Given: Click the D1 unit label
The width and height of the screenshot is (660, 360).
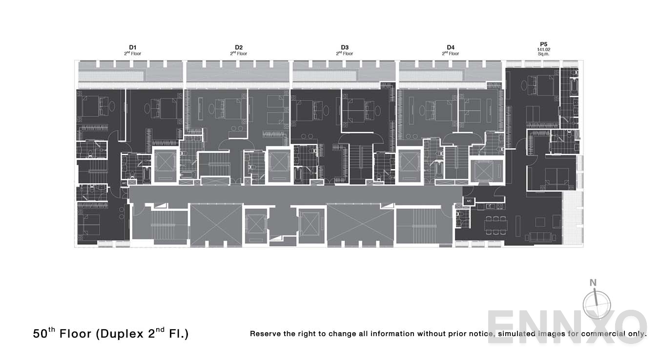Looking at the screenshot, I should pyautogui.click(x=133, y=47).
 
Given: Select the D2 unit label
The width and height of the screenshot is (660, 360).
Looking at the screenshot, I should pyautogui.click(x=239, y=47).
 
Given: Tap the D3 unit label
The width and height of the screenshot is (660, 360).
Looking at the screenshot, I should pyautogui.click(x=345, y=47).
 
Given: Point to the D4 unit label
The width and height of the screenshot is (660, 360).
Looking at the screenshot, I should pyautogui.click(x=451, y=47).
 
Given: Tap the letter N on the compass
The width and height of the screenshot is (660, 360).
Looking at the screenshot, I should pyautogui.click(x=593, y=282).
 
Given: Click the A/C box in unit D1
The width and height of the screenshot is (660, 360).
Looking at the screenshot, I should pyautogui.click(x=124, y=183).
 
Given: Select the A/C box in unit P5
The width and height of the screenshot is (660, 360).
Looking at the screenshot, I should pyautogui.click(x=469, y=201).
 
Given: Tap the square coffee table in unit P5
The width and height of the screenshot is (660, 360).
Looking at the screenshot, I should pyautogui.click(x=540, y=222).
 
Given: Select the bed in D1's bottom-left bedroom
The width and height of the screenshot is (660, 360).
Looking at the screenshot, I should pyautogui.click(x=89, y=224).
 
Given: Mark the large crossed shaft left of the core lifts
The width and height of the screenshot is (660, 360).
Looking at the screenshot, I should pyautogui.click(x=216, y=224).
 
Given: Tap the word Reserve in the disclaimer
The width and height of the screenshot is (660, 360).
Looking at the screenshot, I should pyautogui.click(x=266, y=334).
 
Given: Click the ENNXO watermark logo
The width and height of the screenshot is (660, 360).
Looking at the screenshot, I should pyautogui.click(x=566, y=327).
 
